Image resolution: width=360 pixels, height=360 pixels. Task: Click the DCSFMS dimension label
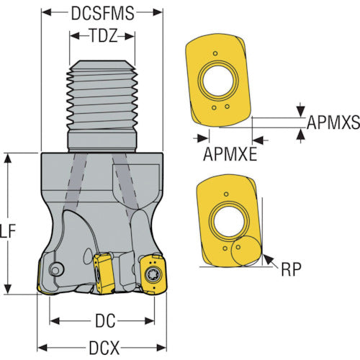tap(102, 13)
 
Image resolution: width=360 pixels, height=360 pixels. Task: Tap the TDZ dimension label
tap(104, 36)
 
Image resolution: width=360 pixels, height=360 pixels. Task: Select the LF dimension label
tap(8, 231)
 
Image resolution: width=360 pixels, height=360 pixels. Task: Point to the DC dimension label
tap(105, 321)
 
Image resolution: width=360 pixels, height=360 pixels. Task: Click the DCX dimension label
tap(104, 348)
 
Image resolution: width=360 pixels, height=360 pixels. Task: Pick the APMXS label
tap(333, 122)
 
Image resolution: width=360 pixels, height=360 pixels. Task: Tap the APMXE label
tap(230, 154)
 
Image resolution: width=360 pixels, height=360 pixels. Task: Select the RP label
tap(291, 269)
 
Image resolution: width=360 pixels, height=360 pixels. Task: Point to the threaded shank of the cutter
tap(102, 106)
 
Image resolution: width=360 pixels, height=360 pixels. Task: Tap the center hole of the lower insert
tap(228, 220)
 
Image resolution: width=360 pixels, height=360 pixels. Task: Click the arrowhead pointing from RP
tap(268, 259)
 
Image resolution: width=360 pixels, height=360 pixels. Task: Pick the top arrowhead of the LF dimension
tap(8, 159)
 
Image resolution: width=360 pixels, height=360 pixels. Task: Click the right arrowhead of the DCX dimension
tap(161, 348)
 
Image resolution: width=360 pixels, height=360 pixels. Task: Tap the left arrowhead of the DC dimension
tap(55, 321)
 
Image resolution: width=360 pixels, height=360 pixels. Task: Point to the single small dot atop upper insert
tap(215, 53)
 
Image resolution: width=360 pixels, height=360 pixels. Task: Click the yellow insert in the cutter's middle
tap(102, 273)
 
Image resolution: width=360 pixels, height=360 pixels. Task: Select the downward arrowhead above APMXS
tap(301, 112)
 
